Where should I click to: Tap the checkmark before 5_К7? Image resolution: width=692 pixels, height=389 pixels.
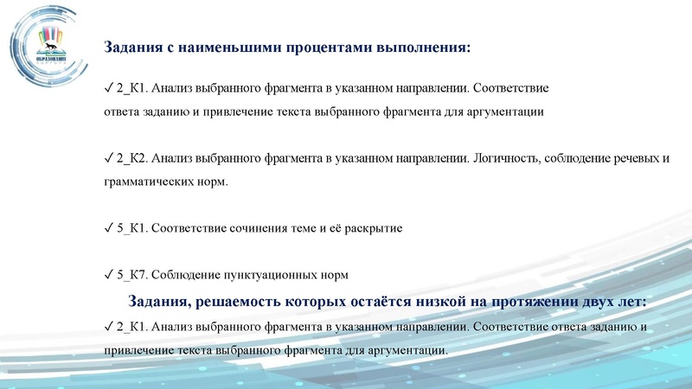tap(107, 275)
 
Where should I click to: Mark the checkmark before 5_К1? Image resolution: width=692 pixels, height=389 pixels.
tap(107, 228)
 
